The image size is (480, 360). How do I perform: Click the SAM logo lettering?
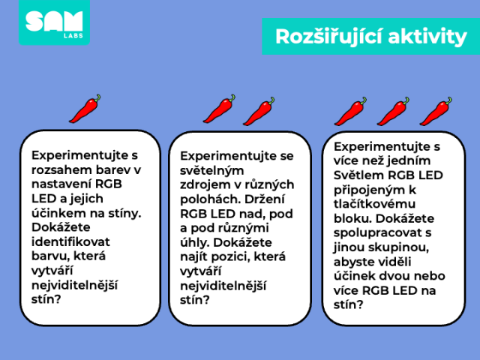coord(54,21)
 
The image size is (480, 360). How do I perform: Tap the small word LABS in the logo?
coord(73,36)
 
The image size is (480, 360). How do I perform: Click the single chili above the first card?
coord(85,109)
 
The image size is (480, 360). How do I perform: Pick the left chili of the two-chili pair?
coord(219,109)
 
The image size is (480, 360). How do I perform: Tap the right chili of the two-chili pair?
coord(259,112)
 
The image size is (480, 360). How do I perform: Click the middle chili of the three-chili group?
coord(393,112)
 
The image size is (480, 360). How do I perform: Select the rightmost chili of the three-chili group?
coord(436,112)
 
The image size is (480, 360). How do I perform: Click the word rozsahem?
coord(58,169)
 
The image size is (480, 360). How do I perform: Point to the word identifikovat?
coord(70,241)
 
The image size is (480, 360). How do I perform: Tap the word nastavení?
coord(61,184)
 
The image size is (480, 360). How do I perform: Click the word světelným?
coord(211,170)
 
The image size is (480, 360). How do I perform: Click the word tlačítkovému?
coord(374,204)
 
